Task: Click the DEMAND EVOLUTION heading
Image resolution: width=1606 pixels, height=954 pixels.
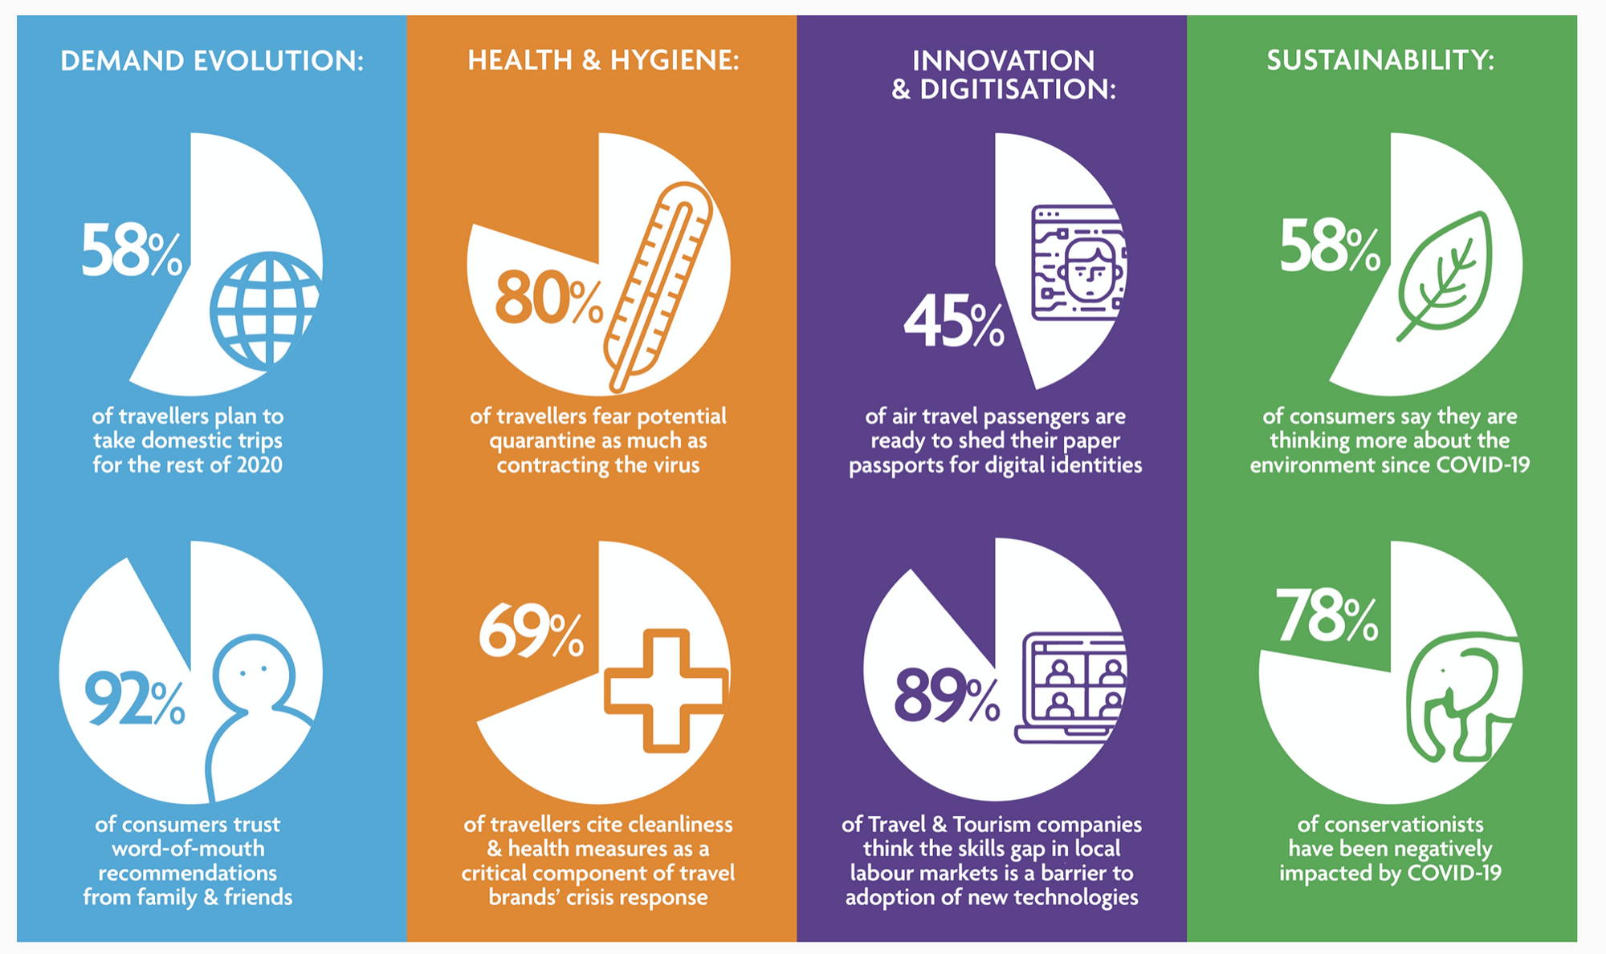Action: pos(212,61)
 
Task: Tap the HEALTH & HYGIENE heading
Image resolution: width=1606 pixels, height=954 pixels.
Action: pos(603,60)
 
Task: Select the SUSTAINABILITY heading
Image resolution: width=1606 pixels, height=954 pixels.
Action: pos(1380,60)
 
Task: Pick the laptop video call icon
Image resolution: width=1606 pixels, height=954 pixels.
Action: pos(1071,688)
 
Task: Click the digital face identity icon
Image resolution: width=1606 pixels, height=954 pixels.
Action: pos(1078,263)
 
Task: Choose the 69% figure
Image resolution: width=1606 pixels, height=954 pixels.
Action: pos(531,631)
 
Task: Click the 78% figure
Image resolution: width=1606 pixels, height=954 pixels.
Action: pos(1327,615)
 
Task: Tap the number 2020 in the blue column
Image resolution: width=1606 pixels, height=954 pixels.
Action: pos(259,465)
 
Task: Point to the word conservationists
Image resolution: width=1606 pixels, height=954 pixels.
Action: pos(1390,825)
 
